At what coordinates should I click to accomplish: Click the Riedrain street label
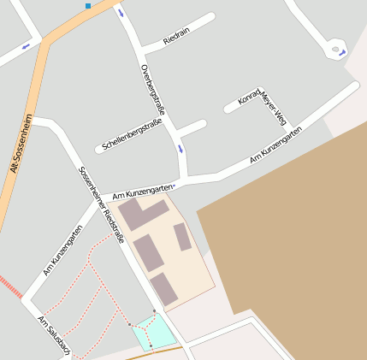point(176,38)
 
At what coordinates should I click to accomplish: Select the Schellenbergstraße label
point(132,135)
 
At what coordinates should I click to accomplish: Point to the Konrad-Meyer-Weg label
point(262,106)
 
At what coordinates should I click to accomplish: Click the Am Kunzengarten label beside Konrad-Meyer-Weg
point(275,145)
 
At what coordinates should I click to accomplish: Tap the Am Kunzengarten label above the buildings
point(142,191)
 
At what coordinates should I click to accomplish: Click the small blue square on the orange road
point(88,6)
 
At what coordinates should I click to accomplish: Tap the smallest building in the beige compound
point(182,237)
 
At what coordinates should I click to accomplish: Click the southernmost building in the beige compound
point(163,289)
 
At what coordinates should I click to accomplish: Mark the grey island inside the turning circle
point(333,50)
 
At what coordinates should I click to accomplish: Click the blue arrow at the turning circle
point(342,53)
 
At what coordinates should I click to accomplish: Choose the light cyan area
point(154,332)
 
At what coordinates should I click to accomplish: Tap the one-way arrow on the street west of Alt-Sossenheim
point(26,45)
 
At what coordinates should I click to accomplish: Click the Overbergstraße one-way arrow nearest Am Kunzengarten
point(181,149)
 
